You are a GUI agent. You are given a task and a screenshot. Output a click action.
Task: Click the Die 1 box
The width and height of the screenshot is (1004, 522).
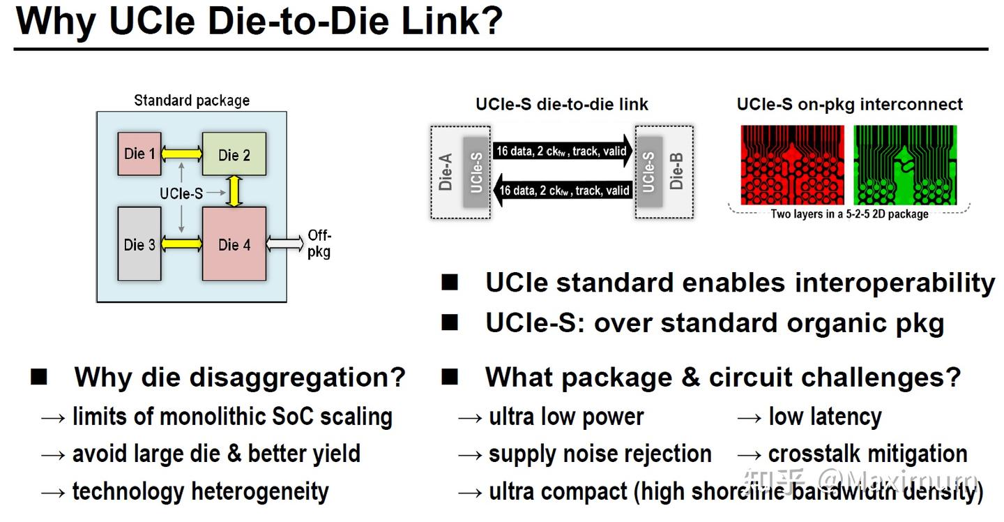(x=139, y=154)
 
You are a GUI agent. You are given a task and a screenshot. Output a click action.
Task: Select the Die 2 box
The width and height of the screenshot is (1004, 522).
(x=234, y=154)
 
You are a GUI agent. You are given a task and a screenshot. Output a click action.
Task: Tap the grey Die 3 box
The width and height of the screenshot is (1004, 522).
(x=139, y=244)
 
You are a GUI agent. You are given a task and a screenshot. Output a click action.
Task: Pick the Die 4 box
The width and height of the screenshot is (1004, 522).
(x=234, y=244)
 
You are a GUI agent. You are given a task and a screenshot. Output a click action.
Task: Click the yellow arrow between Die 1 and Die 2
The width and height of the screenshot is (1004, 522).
(x=181, y=154)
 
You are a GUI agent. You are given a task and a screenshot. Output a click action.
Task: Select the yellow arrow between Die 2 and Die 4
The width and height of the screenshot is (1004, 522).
(x=234, y=191)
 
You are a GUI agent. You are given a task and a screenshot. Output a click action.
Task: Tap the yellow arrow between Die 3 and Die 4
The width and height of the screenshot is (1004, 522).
(x=181, y=244)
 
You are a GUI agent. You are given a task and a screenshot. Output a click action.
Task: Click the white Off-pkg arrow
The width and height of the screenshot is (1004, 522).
(x=284, y=244)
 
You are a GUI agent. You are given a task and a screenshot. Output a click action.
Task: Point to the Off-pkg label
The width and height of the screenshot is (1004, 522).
(x=319, y=244)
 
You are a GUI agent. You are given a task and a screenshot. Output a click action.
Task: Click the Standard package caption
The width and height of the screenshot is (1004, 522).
(x=192, y=100)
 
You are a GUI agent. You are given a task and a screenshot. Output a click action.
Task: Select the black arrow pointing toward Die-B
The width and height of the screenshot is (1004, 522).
(x=563, y=151)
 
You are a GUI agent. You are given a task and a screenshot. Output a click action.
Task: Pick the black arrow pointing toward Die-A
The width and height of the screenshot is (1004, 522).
(x=563, y=190)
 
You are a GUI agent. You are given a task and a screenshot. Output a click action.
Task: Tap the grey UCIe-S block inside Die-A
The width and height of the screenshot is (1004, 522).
(x=476, y=172)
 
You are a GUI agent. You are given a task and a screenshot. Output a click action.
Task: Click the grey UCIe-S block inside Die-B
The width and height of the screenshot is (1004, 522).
(x=649, y=172)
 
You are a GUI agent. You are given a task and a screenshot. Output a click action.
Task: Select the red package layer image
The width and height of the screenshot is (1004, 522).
(x=793, y=165)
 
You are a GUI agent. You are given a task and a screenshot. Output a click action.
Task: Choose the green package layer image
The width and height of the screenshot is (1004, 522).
(x=905, y=165)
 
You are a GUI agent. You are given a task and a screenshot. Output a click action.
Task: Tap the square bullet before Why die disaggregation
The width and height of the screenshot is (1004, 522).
(x=39, y=377)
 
